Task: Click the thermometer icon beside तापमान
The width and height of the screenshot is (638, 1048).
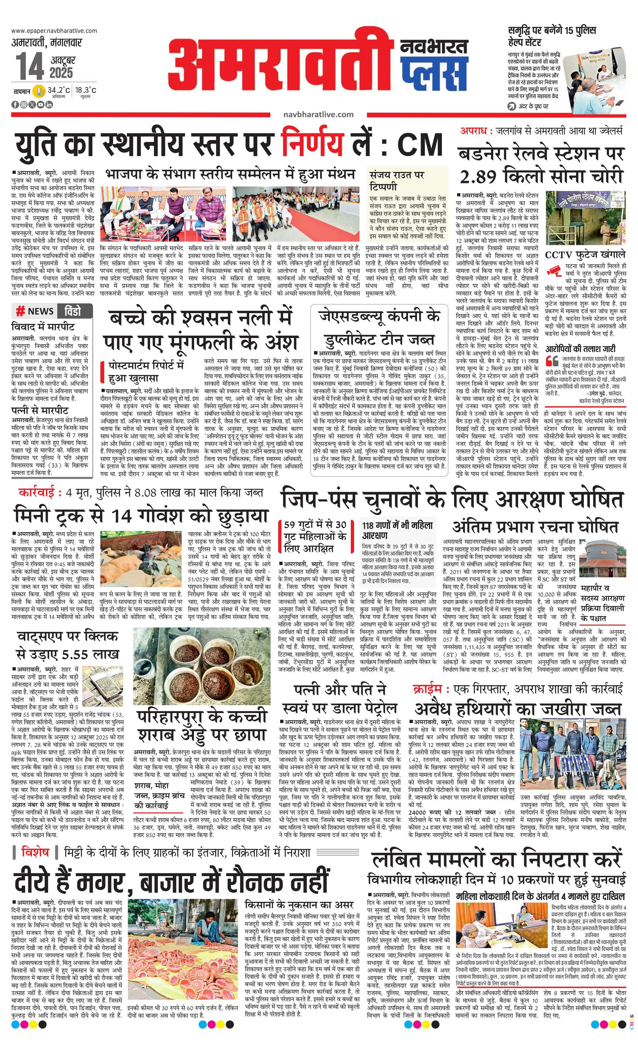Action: pos(40,91)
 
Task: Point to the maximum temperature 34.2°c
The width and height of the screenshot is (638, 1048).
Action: pos(59,90)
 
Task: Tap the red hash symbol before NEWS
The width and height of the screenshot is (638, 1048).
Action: pos(19,311)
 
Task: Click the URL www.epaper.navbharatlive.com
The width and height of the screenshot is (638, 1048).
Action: pos(54,31)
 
